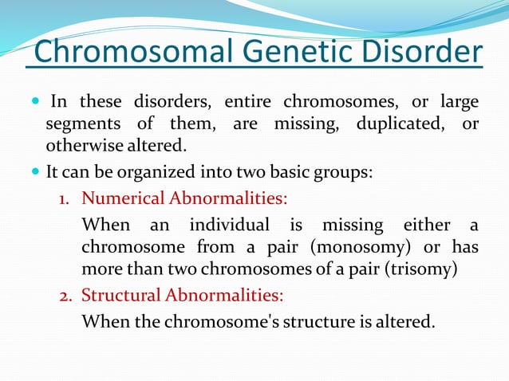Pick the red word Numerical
(121, 197)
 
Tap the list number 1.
(68, 198)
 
